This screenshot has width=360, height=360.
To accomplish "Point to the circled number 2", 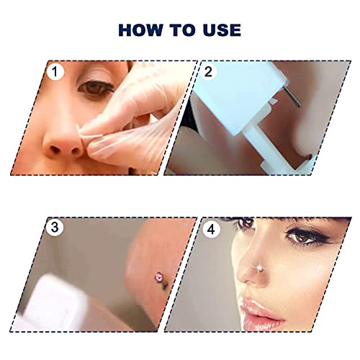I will (x=210, y=72).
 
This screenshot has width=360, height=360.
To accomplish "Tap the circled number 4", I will (x=210, y=228).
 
